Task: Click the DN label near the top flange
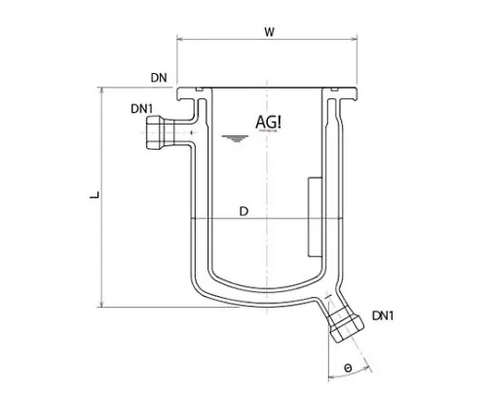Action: pos(162,75)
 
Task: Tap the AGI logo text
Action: pos(269,122)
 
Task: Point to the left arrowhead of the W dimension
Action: pos(179,41)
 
